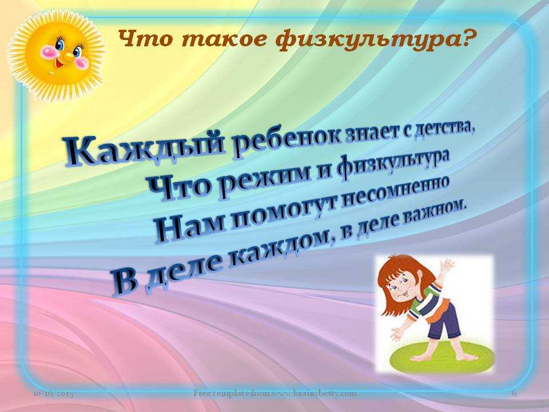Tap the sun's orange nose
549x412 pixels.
tap(68, 56)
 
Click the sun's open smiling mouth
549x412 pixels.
tap(58, 65)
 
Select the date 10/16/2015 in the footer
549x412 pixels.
tap(53, 394)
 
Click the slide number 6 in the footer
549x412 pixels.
tap(514, 394)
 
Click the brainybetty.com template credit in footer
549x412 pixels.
tap(274, 393)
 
